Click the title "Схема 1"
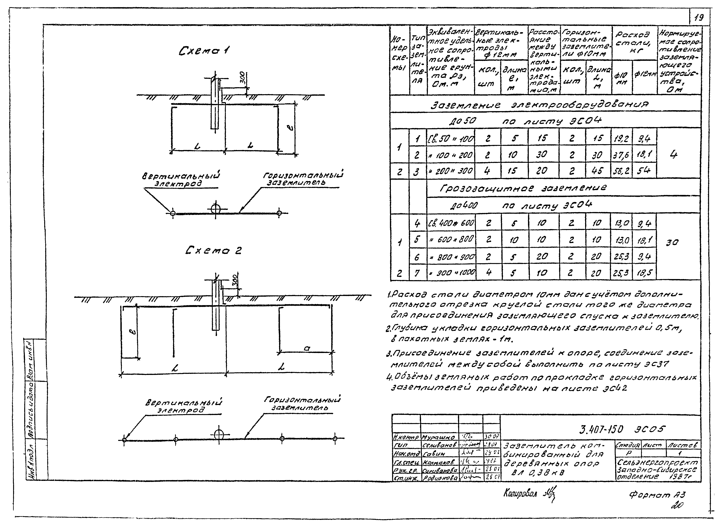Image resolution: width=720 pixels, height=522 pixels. point(205,51)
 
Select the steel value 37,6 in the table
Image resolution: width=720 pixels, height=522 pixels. point(621,155)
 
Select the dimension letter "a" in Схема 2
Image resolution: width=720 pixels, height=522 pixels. point(307,348)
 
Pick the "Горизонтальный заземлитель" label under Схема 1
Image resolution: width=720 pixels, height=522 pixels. point(303,179)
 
